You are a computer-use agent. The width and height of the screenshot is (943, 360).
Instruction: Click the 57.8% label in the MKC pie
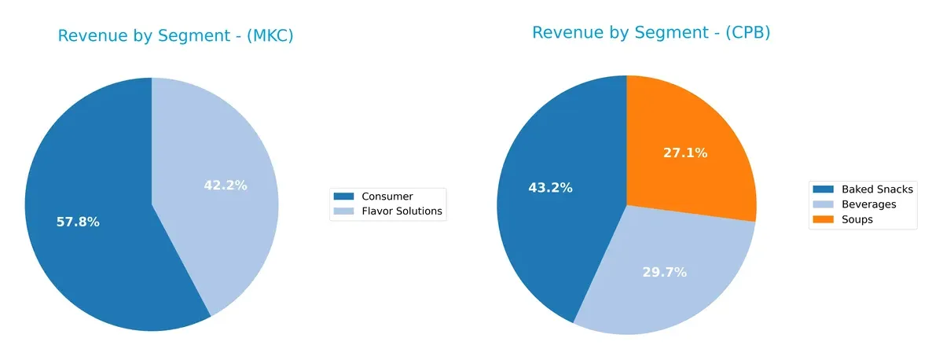(x=78, y=222)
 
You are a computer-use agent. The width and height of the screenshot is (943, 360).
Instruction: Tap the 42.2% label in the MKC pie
(x=225, y=186)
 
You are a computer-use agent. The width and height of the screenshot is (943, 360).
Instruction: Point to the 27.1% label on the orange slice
(x=685, y=152)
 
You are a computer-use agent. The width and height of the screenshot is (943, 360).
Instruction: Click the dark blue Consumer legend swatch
(x=343, y=196)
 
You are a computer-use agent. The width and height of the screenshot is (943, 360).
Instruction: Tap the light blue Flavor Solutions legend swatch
(x=343, y=211)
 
